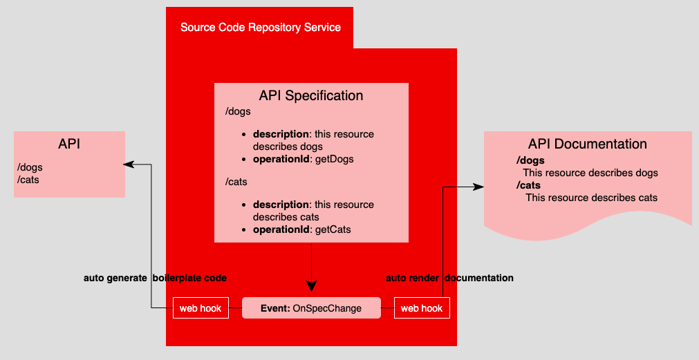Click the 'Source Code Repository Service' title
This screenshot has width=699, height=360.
coord(260,28)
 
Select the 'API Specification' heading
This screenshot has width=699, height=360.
coord(310,95)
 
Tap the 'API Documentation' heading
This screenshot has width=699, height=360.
coord(587,144)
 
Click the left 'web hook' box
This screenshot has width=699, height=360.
coord(201,308)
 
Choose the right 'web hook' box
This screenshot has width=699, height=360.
coord(422,308)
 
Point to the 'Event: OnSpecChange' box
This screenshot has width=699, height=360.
coord(311,308)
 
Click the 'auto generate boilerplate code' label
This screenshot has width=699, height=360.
coord(155,278)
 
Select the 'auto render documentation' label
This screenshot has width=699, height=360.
coord(449,278)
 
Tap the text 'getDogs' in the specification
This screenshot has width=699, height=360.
coord(333,159)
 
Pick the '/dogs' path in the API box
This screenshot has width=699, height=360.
coord(30,167)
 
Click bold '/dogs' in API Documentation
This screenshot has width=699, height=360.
coord(530,161)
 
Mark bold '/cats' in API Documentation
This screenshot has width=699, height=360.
coord(528,185)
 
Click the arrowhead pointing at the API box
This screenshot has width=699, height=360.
coord(128,164)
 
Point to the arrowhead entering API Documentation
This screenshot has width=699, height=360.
coord(478,187)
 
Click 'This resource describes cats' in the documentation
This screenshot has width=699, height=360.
coord(591,198)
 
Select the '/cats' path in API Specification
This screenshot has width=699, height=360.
coord(236,182)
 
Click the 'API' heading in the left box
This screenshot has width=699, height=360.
coord(69,144)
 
